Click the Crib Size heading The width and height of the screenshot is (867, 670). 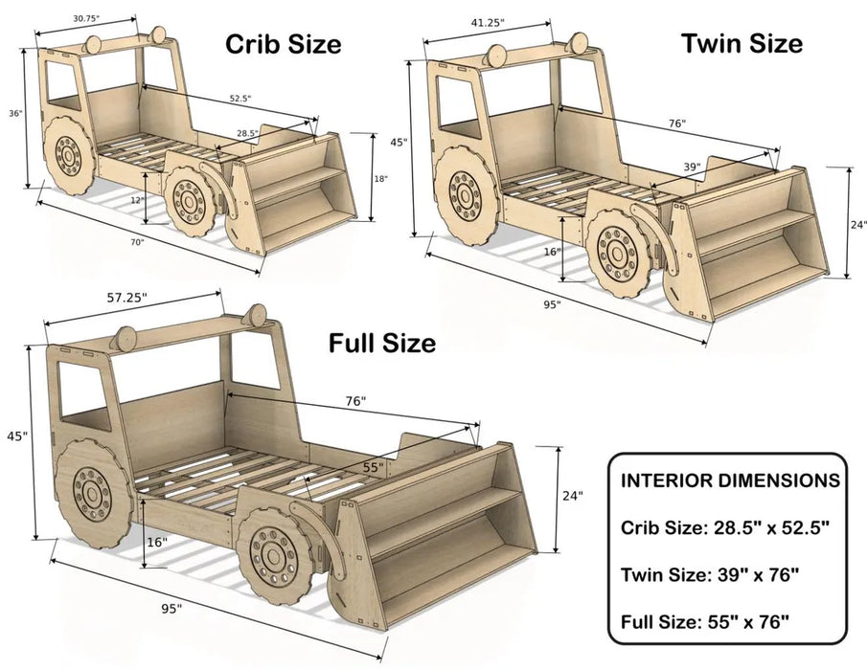[x=283, y=44]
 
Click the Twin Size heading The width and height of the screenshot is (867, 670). [x=742, y=43]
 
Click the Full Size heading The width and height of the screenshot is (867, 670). [x=382, y=342]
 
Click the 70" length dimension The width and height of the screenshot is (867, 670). [x=138, y=243]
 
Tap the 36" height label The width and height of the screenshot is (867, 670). [x=15, y=113]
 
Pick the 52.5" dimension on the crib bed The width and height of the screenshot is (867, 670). [x=240, y=98]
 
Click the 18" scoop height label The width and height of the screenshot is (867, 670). [x=379, y=179]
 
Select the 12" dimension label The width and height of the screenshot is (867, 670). [x=139, y=199]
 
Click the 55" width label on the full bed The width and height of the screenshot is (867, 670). [x=373, y=467]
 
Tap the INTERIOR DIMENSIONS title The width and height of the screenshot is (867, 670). [x=732, y=480]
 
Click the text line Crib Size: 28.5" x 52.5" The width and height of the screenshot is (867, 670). [x=724, y=527]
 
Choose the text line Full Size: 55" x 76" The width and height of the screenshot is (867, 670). [x=706, y=622]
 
